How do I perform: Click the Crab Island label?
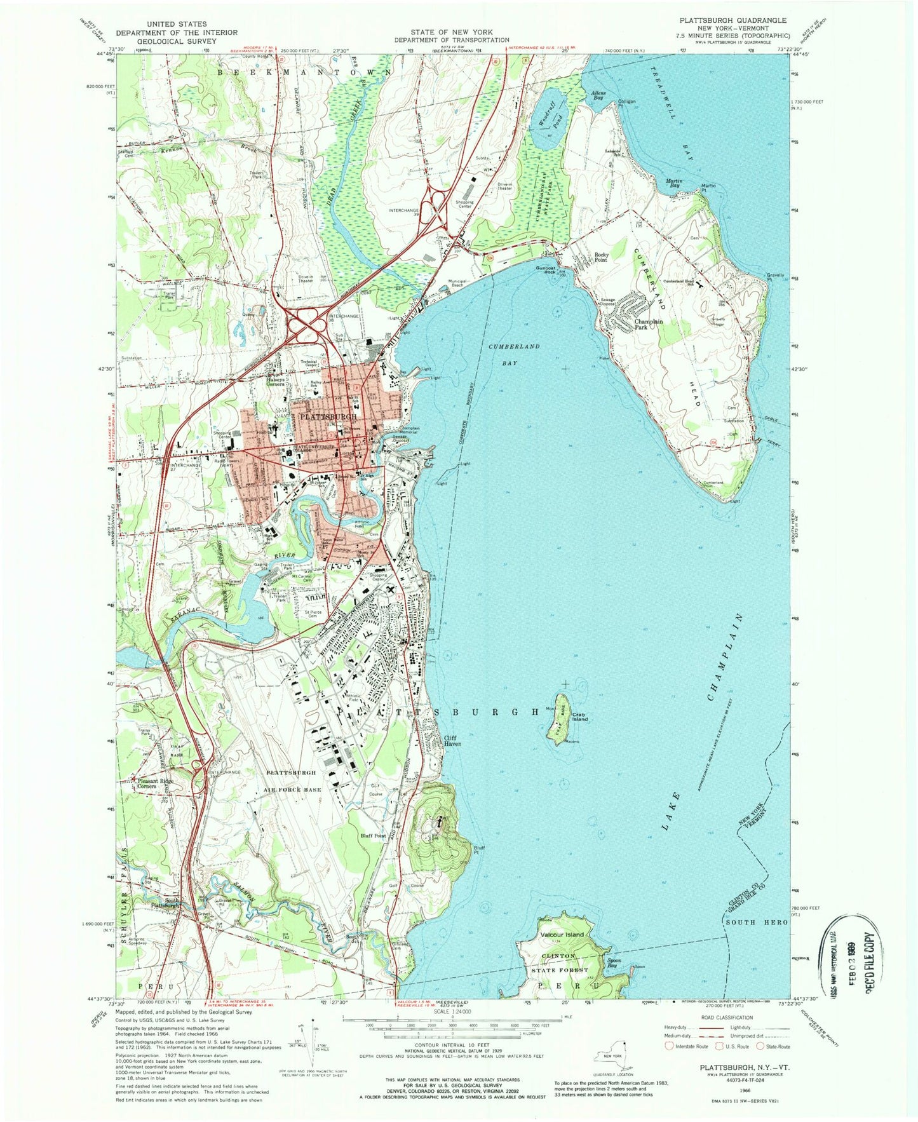581,719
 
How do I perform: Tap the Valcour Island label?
562,935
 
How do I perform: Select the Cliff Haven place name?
453,741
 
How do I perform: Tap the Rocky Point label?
601,257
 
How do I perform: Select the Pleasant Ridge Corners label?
156,783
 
